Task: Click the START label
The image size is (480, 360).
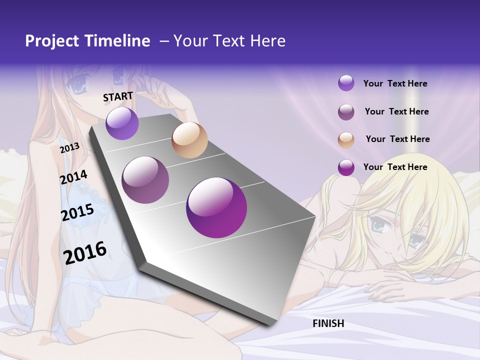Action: [118, 96]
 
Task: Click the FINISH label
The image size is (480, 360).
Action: [328, 323]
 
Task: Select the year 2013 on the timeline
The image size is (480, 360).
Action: [70, 148]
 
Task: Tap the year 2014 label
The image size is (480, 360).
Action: [73, 177]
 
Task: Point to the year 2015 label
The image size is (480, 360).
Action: [77, 212]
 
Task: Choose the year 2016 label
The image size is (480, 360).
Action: [85, 252]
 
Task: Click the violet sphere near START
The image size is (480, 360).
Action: [122, 123]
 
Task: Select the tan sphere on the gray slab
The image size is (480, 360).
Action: [189, 140]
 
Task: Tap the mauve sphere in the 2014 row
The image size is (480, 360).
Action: [145, 180]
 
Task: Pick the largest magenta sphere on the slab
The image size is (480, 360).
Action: [216, 207]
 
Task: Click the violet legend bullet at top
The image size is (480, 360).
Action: [346, 83]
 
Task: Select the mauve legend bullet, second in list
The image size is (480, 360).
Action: [346, 112]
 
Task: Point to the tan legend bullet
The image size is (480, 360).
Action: [346, 140]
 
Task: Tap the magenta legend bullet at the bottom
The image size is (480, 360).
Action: [346, 167]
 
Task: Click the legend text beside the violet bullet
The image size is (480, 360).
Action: [395, 83]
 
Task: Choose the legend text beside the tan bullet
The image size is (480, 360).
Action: [397, 139]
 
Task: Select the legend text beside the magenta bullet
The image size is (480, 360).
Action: [395, 167]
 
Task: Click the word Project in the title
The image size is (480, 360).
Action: [52, 41]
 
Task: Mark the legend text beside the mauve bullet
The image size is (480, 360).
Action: [396, 111]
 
